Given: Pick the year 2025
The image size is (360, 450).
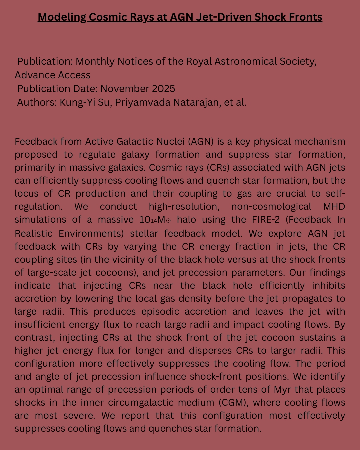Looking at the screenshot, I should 163,89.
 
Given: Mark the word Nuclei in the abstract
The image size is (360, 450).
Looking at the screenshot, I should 169,141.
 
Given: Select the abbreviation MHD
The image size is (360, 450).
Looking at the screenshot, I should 334,206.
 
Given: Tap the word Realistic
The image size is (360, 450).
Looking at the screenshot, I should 34,233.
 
